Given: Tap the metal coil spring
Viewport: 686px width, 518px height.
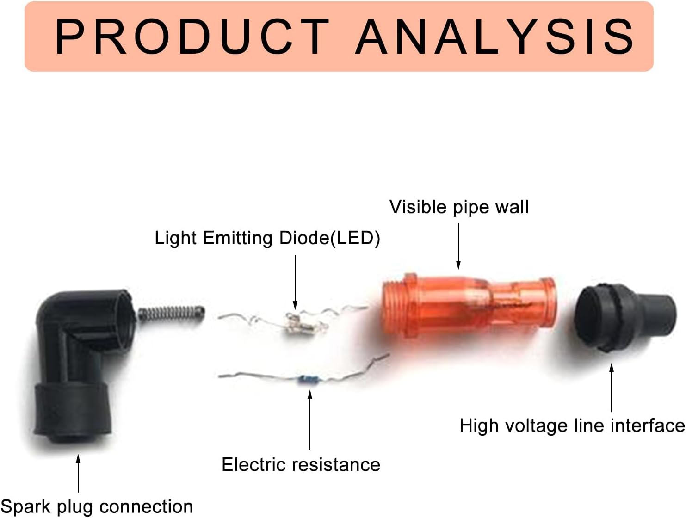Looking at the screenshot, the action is (x=171, y=314).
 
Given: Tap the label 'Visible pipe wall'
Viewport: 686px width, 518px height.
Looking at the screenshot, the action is (x=459, y=207).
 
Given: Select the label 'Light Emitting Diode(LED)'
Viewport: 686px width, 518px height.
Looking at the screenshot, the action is (x=267, y=238).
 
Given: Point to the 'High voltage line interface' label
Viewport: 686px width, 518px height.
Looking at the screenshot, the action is (x=572, y=425).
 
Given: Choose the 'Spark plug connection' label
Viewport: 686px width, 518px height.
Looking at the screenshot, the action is (x=97, y=506).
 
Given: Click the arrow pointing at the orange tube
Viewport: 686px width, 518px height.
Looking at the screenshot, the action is (x=458, y=246).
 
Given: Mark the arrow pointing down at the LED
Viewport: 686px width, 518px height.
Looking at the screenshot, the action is (x=295, y=282).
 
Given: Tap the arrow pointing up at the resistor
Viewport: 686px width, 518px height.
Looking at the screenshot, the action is (x=310, y=420).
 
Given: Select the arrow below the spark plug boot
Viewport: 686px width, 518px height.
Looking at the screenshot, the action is (x=78, y=473).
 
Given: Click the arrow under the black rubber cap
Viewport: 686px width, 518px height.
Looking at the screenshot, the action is (x=612, y=388).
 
